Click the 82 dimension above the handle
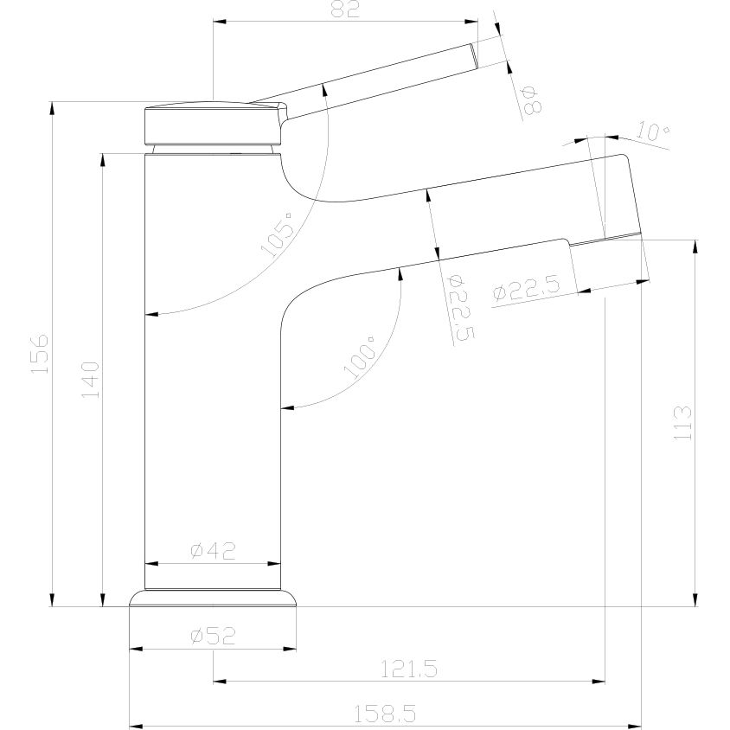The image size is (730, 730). (344, 10)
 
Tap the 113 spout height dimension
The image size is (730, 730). (682, 422)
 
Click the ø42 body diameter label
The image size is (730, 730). (213, 550)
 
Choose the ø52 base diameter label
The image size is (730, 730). (213, 636)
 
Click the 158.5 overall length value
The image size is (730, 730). (385, 714)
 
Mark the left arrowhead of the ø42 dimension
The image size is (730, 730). (149, 564)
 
